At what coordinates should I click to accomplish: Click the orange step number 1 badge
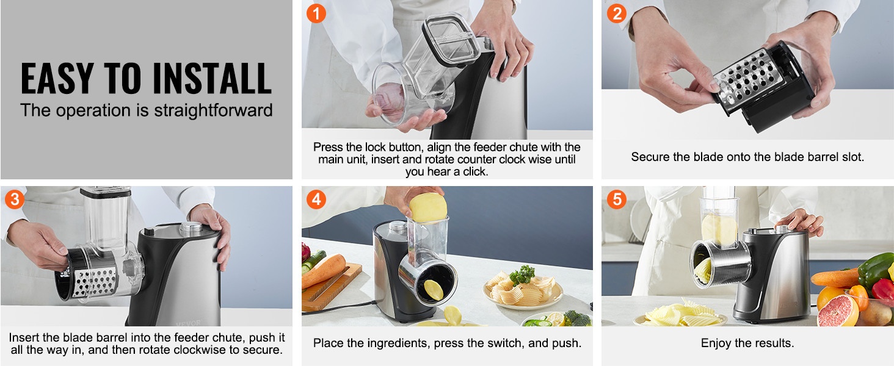point(316,13)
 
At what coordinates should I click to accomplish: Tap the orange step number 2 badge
point(617,13)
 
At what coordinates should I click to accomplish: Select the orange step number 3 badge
point(15,199)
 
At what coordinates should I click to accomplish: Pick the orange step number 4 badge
point(316,199)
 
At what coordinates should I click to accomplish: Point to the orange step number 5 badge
point(617,199)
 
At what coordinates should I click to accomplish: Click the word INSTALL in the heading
point(212,79)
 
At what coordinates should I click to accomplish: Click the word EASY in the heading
point(57,79)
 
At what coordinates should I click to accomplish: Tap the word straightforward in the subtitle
point(213,110)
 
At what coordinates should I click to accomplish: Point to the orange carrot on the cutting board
point(323,270)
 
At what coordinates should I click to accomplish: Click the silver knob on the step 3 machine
point(191,228)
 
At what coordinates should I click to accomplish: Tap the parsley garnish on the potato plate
point(522,274)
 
